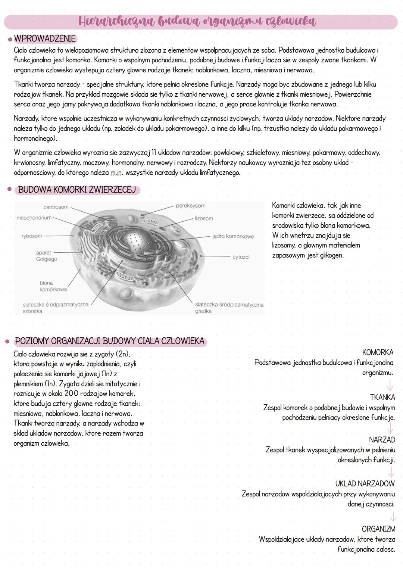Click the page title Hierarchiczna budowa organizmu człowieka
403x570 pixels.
point(197,21)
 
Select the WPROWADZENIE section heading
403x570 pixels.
point(44,39)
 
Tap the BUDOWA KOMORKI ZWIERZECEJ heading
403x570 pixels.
point(77,190)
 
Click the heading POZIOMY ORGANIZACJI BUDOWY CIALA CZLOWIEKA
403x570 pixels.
point(110,341)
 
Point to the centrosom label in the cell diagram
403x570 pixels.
point(56,207)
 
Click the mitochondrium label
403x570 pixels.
point(34,218)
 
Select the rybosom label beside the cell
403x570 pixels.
point(32,236)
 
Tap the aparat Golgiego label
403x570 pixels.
point(46,256)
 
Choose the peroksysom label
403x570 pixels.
point(190,206)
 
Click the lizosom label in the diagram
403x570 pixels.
point(204,218)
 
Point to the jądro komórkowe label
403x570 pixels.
point(233,236)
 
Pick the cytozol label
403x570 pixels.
point(241,257)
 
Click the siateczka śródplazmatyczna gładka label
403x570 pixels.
point(229,308)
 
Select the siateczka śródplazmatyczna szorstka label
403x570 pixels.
point(55,308)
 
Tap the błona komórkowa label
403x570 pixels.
point(53,286)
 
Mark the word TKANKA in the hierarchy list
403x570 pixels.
point(382,397)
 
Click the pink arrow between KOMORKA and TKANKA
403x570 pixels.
point(390,384)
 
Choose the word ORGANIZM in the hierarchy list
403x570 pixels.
point(378,529)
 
